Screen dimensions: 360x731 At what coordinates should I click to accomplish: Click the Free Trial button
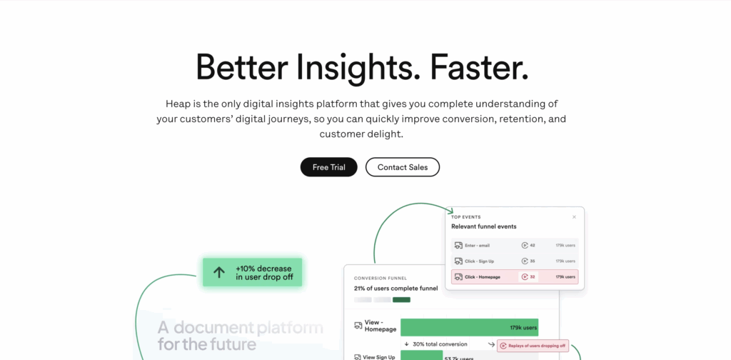click(x=328, y=167)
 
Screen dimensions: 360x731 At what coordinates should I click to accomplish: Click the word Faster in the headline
click(x=478, y=67)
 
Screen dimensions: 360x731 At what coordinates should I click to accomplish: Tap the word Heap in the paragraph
click(x=178, y=104)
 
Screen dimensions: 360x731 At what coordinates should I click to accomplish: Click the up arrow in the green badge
click(x=219, y=272)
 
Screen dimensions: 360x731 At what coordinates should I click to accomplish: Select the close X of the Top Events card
click(x=574, y=216)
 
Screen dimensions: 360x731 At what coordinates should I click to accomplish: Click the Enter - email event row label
click(x=477, y=245)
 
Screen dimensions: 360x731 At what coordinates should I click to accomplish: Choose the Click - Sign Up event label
click(x=479, y=261)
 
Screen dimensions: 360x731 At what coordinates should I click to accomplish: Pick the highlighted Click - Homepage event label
click(x=483, y=277)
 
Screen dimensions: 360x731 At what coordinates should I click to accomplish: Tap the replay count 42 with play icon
click(x=528, y=245)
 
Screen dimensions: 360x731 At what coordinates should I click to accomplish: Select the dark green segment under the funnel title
click(x=401, y=299)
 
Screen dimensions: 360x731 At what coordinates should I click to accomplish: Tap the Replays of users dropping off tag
click(x=533, y=345)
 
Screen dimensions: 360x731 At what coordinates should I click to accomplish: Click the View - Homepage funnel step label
click(x=379, y=326)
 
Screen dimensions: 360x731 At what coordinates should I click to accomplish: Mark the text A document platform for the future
click(x=240, y=336)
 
